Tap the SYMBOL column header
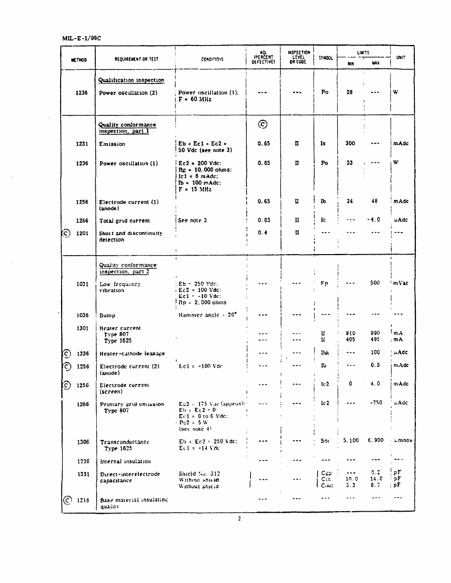[325, 58]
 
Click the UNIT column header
[401, 57]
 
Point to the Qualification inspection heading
[131, 80]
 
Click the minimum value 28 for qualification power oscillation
[349, 92]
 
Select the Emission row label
[112, 144]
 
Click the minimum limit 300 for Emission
[350, 144]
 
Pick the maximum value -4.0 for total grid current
[374, 220]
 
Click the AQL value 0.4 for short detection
[263, 233]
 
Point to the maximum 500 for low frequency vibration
[375, 283]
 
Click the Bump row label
[107, 316]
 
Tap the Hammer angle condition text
[207, 315]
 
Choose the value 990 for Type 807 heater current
[375, 333]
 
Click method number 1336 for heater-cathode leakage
[83, 353]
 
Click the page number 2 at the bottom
[239, 518]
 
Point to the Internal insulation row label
[125, 461]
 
